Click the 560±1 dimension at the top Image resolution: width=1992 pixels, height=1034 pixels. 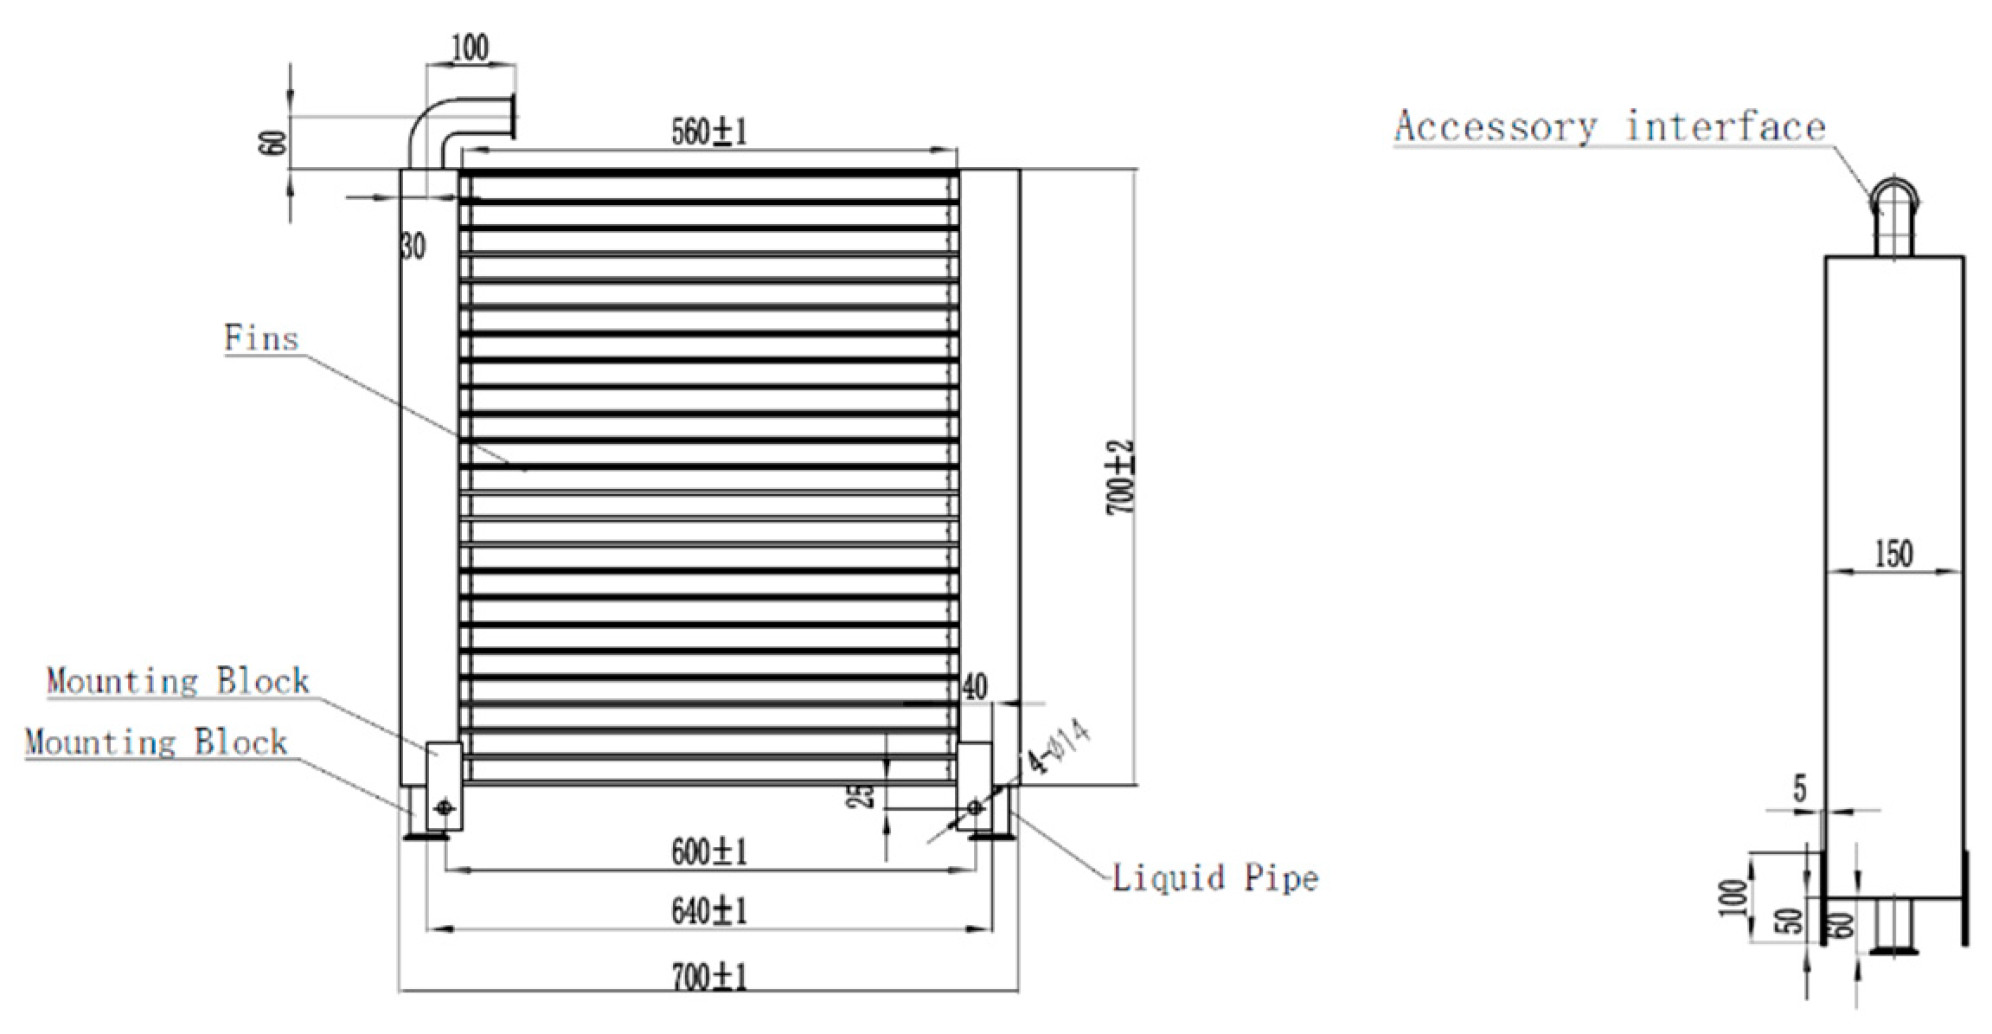708,132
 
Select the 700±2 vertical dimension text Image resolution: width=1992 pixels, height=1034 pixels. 1122,478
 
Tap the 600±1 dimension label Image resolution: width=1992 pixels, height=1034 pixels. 708,852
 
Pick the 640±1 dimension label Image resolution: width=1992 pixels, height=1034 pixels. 708,911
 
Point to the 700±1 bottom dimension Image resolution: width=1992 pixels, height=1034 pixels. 708,978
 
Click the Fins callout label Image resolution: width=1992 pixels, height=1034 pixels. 261,338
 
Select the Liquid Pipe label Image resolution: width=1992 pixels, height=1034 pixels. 1214,878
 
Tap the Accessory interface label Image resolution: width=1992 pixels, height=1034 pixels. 1609,127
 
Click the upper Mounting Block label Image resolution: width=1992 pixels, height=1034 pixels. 178,681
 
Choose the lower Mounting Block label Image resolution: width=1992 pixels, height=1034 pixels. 156,742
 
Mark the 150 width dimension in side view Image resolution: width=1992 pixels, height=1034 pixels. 1893,554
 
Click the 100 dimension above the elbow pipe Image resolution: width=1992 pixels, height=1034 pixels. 471,48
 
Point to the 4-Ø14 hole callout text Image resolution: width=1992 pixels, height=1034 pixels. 1057,747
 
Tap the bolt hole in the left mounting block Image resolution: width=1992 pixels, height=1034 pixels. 445,808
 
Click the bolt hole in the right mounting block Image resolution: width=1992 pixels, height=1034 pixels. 975,807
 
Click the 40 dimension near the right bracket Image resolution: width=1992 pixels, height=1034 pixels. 974,687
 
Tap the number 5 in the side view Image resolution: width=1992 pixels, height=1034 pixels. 1800,788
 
